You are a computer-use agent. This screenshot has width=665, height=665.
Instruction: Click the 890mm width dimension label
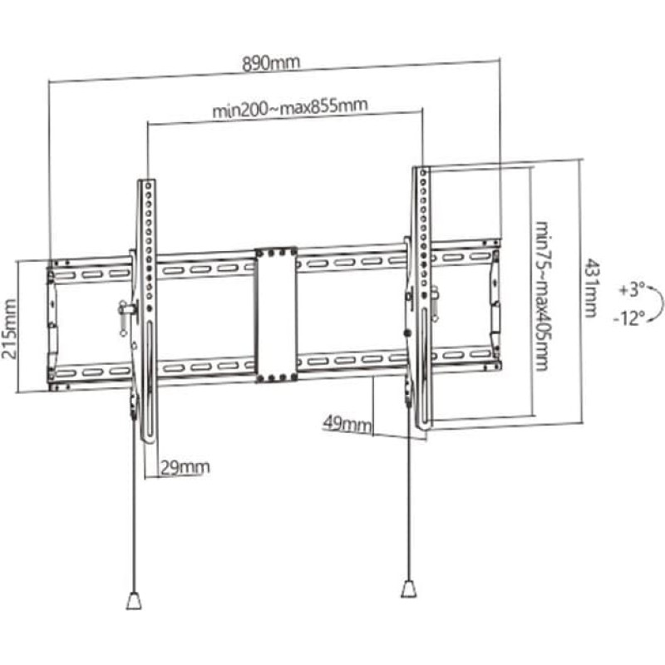pyautogui.click(x=271, y=63)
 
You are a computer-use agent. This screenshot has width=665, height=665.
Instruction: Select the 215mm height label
pyautogui.click(x=9, y=328)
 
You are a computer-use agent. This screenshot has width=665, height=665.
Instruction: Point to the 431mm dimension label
pyautogui.click(x=590, y=289)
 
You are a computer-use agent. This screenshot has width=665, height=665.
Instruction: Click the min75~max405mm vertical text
pyautogui.click(x=543, y=296)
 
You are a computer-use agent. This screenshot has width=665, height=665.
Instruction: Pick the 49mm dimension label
pyautogui.click(x=347, y=423)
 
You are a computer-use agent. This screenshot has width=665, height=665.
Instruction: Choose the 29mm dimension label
pyautogui.click(x=185, y=467)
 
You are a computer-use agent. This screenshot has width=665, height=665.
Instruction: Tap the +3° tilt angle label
pyautogui.click(x=632, y=290)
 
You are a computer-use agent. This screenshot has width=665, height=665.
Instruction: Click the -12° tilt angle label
pyautogui.click(x=629, y=318)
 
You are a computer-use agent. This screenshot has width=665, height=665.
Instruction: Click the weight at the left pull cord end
pyautogui.click(x=134, y=600)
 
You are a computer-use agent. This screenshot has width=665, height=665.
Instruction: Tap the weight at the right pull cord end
pyautogui.click(x=409, y=589)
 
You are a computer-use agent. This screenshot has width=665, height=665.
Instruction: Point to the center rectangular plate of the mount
pyautogui.click(x=276, y=315)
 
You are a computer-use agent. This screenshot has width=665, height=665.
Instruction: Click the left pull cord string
pyautogui.click(x=133, y=505)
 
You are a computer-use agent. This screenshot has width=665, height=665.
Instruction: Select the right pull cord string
pyautogui.click(x=409, y=493)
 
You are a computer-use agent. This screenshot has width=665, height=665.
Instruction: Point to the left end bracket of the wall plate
pyautogui.click(x=52, y=325)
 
